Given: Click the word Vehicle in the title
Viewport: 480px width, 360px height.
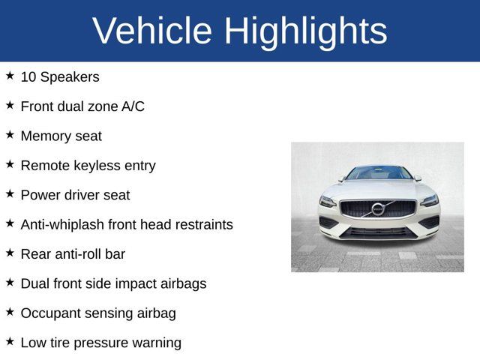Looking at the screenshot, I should [x=151, y=31].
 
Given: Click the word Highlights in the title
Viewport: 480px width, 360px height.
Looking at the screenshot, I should [x=305, y=31].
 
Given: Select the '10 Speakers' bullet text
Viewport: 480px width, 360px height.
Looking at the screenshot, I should [x=60, y=76].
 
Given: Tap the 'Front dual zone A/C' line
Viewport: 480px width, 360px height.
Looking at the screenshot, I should [x=82, y=106].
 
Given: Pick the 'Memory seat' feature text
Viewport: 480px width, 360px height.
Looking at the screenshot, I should [x=61, y=136].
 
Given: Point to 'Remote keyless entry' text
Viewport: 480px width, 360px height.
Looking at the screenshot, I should [x=88, y=166].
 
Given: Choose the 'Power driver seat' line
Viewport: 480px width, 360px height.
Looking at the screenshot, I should [x=75, y=195].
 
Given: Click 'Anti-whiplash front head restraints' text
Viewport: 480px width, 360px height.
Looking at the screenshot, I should [x=127, y=224].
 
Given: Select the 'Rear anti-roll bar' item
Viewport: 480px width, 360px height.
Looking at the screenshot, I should [x=73, y=254].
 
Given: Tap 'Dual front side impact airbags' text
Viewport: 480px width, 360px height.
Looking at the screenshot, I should [x=113, y=283].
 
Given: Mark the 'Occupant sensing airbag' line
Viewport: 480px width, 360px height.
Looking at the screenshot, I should [x=98, y=313].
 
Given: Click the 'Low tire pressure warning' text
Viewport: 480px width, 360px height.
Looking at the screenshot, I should [x=100, y=343].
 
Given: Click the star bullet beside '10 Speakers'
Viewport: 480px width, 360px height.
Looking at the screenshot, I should [x=10, y=76].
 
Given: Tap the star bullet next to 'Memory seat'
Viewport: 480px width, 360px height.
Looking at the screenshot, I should [x=10, y=135].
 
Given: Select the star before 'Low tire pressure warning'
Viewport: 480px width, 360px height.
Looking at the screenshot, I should [x=10, y=342].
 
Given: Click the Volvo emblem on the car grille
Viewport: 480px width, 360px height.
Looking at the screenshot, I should [x=378, y=208].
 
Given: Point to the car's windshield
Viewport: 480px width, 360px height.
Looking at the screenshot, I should [x=379, y=173].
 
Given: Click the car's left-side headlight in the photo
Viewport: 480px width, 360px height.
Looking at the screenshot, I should [x=328, y=201].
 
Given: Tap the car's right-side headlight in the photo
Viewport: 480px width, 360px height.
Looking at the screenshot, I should [x=429, y=200].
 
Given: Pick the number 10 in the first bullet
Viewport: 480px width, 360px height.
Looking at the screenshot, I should [x=28, y=76].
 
